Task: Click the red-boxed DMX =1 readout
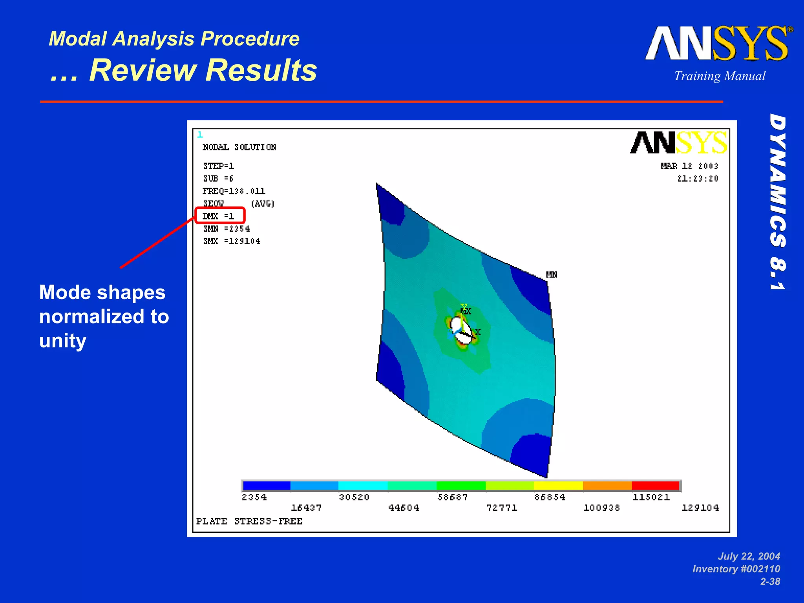coord(219,216)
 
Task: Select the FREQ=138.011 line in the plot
coord(234,191)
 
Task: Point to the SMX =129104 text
coord(232,241)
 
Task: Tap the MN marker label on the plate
coord(552,274)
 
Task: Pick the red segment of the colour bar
coord(655,486)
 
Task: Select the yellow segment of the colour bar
coord(558,486)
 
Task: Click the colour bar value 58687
coord(453,497)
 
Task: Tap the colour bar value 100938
coord(601,508)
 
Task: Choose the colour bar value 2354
coord(254,497)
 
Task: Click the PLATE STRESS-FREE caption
coord(249,521)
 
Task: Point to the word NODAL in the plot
coord(216,147)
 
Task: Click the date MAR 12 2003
coord(689,166)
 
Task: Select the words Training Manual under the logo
coord(720,76)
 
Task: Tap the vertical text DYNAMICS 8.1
coord(777,202)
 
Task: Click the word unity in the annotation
coord(63,341)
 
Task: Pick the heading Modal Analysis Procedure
coord(174,39)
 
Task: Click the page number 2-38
coord(770,581)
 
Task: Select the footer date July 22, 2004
coord(749,556)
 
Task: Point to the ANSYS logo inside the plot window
coord(678,143)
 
